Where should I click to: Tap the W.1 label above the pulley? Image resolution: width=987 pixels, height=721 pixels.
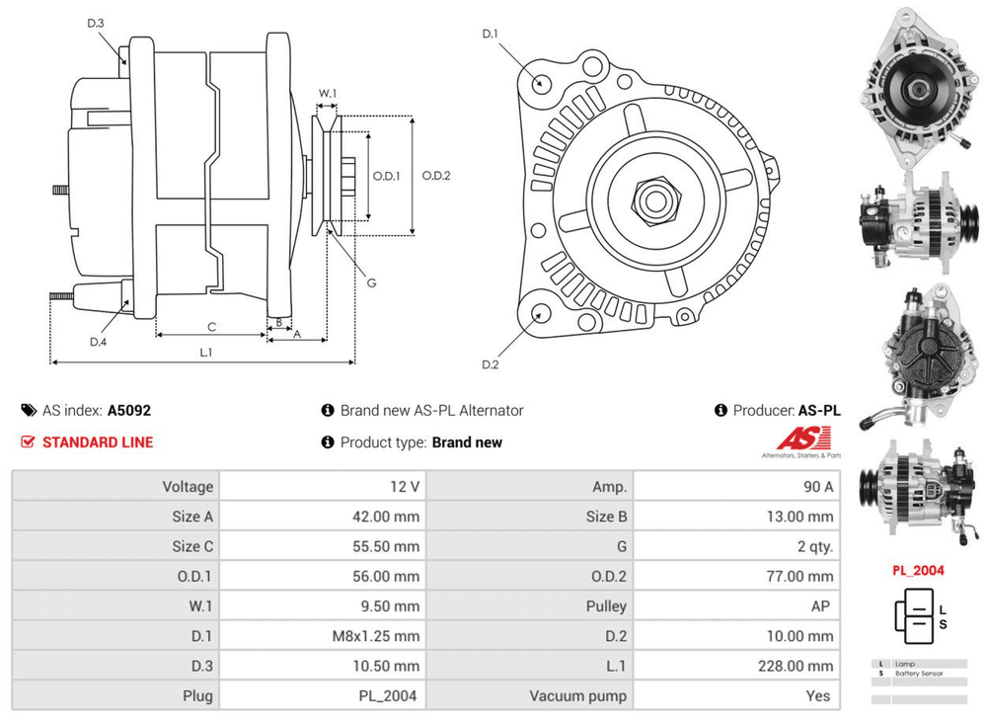(328, 94)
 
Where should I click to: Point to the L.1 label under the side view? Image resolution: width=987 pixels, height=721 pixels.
(206, 352)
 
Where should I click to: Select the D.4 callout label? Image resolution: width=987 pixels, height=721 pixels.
(98, 342)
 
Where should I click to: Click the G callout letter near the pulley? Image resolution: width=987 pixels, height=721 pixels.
(372, 282)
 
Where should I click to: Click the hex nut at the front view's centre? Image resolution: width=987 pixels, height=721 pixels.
(652, 200)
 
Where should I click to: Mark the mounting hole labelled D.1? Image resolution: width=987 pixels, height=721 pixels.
(542, 82)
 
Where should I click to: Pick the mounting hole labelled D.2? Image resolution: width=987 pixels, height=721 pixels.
(540, 314)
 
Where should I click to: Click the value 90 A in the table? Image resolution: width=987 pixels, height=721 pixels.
(818, 486)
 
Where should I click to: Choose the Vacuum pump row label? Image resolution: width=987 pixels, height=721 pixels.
(577, 695)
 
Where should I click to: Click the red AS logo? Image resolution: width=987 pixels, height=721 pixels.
(802, 438)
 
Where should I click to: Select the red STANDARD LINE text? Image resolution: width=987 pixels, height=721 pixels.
(98, 442)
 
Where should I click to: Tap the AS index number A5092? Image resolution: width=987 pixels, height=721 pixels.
(129, 410)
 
